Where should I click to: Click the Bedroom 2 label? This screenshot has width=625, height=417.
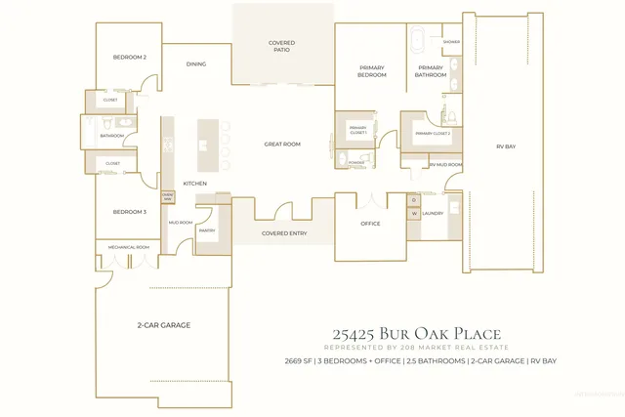point(130,58)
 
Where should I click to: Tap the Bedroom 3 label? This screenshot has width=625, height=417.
point(129,212)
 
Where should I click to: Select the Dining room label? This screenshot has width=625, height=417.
point(196,64)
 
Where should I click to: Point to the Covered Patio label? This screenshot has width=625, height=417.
point(281,46)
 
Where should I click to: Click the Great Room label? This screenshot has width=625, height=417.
point(282,145)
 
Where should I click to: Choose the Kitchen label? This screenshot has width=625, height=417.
point(195,184)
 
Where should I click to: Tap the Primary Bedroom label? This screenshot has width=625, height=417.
point(371,71)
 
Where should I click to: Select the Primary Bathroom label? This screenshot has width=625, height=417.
point(430,71)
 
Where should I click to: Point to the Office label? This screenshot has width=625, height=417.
point(370,224)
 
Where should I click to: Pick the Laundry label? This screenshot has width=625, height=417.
point(434,213)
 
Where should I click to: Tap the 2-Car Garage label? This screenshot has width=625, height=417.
point(163,324)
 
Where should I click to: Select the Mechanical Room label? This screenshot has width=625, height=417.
point(128,248)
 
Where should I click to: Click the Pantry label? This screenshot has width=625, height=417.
point(206,230)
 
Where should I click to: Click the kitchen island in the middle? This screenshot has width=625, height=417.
point(205,145)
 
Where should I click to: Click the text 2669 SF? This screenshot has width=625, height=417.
point(299,361)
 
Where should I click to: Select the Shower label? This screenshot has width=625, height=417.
point(451,42)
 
